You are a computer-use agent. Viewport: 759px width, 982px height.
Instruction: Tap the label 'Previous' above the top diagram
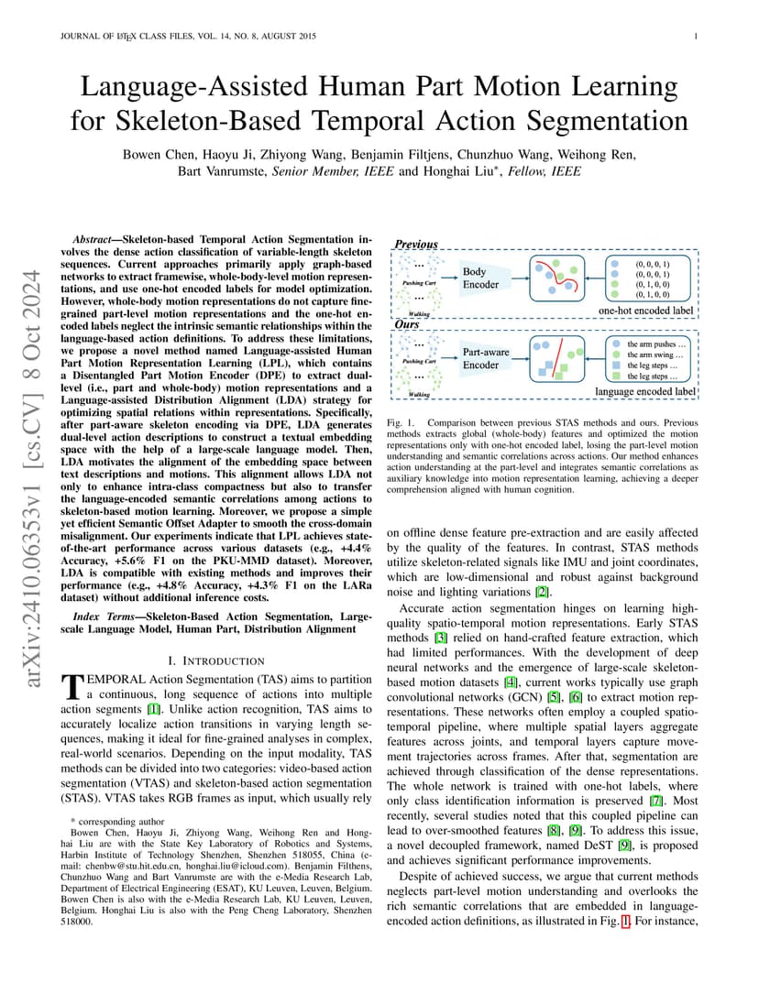click(415, 245)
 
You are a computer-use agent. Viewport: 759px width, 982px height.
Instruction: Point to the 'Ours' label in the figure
click(406, 324)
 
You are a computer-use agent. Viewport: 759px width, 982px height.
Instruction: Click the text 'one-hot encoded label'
click(645, 311)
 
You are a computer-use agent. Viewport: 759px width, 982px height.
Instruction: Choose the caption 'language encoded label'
click(644, 391)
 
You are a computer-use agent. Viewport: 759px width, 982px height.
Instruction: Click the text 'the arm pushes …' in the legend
click(656, 344)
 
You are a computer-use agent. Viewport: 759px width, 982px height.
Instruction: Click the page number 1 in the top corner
click(697, 37)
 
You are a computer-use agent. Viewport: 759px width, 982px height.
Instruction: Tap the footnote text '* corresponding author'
click(118, 822)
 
